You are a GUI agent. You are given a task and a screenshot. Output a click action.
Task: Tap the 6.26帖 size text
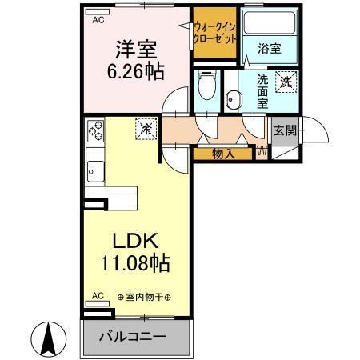pos(135,71)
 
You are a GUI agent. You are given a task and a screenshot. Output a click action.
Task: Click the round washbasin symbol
pos(232,99)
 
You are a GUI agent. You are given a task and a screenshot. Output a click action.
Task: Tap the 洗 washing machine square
pos(286,80)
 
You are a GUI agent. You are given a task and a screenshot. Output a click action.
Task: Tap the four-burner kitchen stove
pos(96,128)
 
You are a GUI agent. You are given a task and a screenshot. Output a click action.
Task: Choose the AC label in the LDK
pos(98,295)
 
